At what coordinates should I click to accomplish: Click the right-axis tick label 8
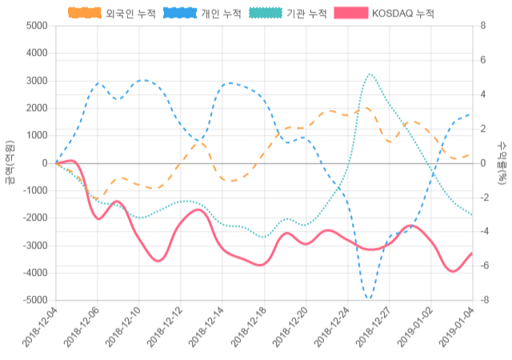point(482,26)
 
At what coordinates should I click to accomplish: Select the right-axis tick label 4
point(482,94)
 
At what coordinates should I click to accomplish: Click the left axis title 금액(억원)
point(10,162)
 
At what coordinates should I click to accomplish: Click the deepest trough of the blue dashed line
point(369,299)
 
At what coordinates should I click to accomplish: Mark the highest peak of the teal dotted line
point(369,74)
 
